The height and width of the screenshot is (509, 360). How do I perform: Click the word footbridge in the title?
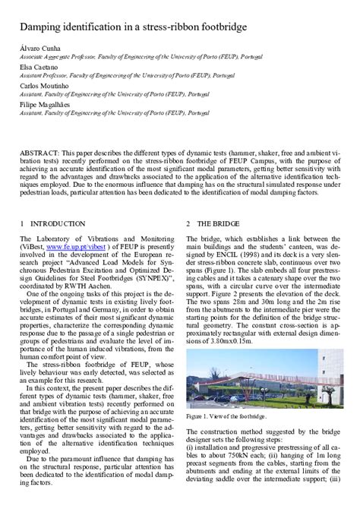pyautogui.click(x=219, y=27)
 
